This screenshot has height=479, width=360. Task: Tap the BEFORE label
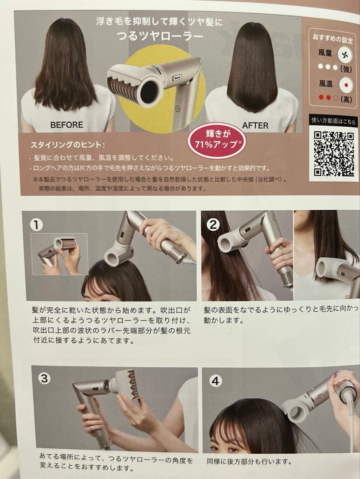tap(67, 125)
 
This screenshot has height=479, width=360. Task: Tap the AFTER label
tap(255, 126)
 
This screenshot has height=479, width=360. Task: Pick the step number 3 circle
tap(44, 379)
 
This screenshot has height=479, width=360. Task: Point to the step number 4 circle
tap(215, 381)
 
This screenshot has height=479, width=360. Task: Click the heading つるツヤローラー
tap(160, 36)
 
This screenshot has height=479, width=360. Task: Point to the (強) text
tap(346, 69)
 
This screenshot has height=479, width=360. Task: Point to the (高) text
tap(346, 99)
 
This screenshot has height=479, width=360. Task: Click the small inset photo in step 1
tap(59, 253)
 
